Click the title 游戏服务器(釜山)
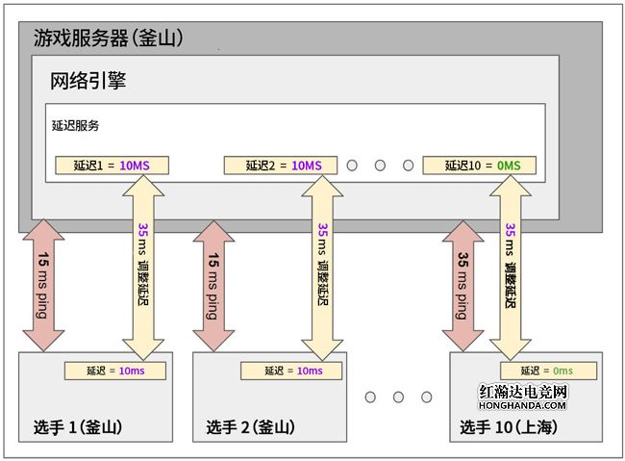[109, 38]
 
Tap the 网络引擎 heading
[87, 81]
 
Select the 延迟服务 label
[76, 125]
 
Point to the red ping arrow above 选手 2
[213, 287]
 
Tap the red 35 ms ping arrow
[462, 287]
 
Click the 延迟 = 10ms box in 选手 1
[118, 371]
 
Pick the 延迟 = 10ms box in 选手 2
[289, 371]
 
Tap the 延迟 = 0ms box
[546, 371]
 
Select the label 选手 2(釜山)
[250, 427]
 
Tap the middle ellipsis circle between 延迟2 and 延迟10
[380, 166]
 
